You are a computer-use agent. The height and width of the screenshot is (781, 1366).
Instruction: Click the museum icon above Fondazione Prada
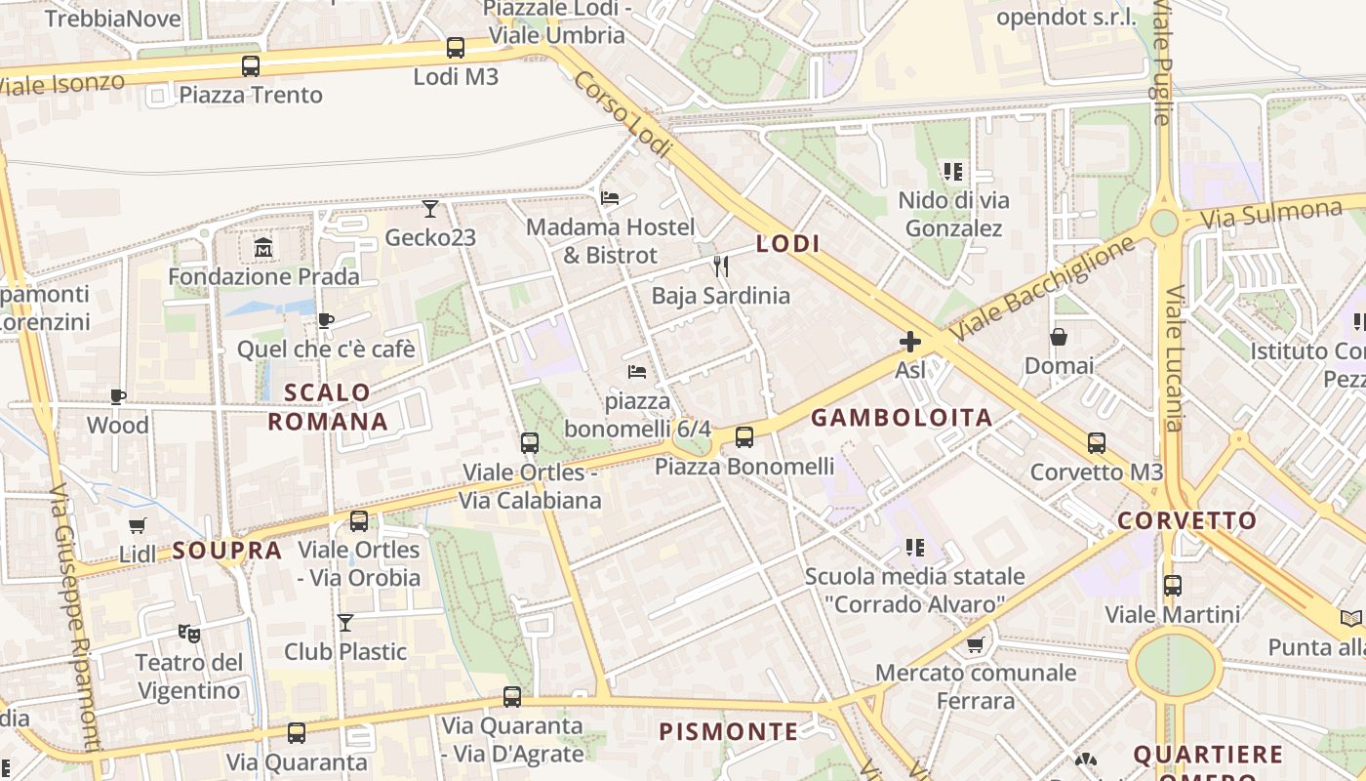[x=263, y=248]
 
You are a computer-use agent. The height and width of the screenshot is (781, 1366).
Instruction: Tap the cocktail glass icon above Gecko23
[x=429, y=208]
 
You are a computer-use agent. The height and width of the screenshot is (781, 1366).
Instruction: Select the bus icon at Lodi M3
[x=455, y=47]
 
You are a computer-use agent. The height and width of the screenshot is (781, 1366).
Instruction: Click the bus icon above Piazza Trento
[x=251, y=66]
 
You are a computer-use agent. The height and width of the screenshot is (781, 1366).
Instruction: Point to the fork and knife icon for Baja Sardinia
[x=721, y=266]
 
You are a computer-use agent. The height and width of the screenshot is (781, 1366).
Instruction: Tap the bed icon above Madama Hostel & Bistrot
[x=610, y=197]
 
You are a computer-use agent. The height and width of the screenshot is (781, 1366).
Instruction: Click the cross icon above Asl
[x=910, y=341]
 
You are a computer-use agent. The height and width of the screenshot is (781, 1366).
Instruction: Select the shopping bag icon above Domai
[x=1059, y=337]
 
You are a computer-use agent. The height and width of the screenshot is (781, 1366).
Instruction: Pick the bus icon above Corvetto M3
[x=1097, y=443]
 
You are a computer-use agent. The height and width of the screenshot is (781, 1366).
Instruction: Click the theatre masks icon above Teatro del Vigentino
[x=189, y=633]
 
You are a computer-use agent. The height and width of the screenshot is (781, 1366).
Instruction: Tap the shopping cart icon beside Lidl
[x=138, y=525]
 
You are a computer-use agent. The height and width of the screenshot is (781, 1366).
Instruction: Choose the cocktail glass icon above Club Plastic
[x=345, y=622]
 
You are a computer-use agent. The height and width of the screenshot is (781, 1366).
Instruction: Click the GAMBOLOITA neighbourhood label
[x=902, y=418]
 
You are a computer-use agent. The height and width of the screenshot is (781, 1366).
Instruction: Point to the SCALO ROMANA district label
[x=328, y=407]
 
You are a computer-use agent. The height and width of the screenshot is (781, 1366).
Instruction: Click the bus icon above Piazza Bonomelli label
[x=744, y=436]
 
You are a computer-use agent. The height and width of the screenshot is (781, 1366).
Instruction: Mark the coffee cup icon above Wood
[x=118, y=396]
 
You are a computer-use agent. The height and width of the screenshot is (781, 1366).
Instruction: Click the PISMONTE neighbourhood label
[x=728, y=731]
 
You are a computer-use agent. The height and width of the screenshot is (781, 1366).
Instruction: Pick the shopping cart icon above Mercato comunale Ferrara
[x=975, y=644]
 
